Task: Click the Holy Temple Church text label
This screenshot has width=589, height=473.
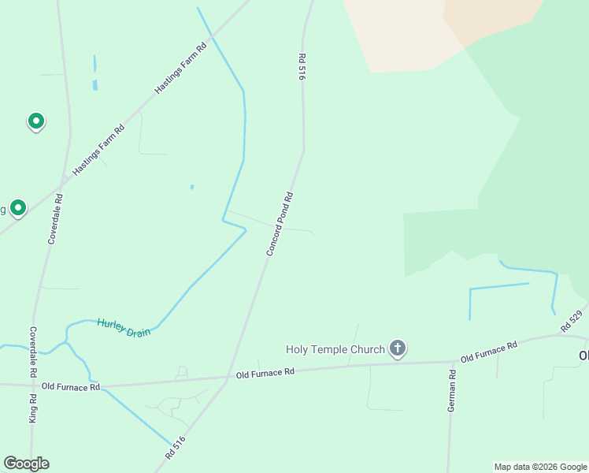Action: (x=335, y=349)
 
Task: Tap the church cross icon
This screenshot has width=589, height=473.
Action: (x=398, y=348)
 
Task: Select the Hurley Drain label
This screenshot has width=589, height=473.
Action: (x=124, y=327)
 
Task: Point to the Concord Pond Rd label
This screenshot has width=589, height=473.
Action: (x=280, y=225)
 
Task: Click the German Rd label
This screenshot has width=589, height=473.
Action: (x=452, y=392)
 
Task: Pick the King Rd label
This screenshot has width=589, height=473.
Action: (x=33, y=408)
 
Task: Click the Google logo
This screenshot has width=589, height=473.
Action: (x=26, y=464)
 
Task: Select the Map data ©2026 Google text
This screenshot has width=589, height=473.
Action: (x=540, y=467)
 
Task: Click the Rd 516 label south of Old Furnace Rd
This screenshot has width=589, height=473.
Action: (x=175, y=448)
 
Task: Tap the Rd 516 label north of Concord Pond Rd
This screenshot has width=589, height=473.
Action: (x=301, y=67)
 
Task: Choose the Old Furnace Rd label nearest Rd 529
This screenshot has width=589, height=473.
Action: (x=488, y=352)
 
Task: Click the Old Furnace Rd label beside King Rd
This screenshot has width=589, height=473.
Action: (x=71, y=386)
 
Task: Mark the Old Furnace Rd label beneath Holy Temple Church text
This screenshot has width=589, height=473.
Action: (x=265, y=371)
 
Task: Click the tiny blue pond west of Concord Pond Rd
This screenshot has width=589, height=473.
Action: (x=191, y=187)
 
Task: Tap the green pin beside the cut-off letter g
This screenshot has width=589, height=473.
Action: (x=17, y=207)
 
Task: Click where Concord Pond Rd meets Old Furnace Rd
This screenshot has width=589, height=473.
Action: (x=228, y=377)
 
